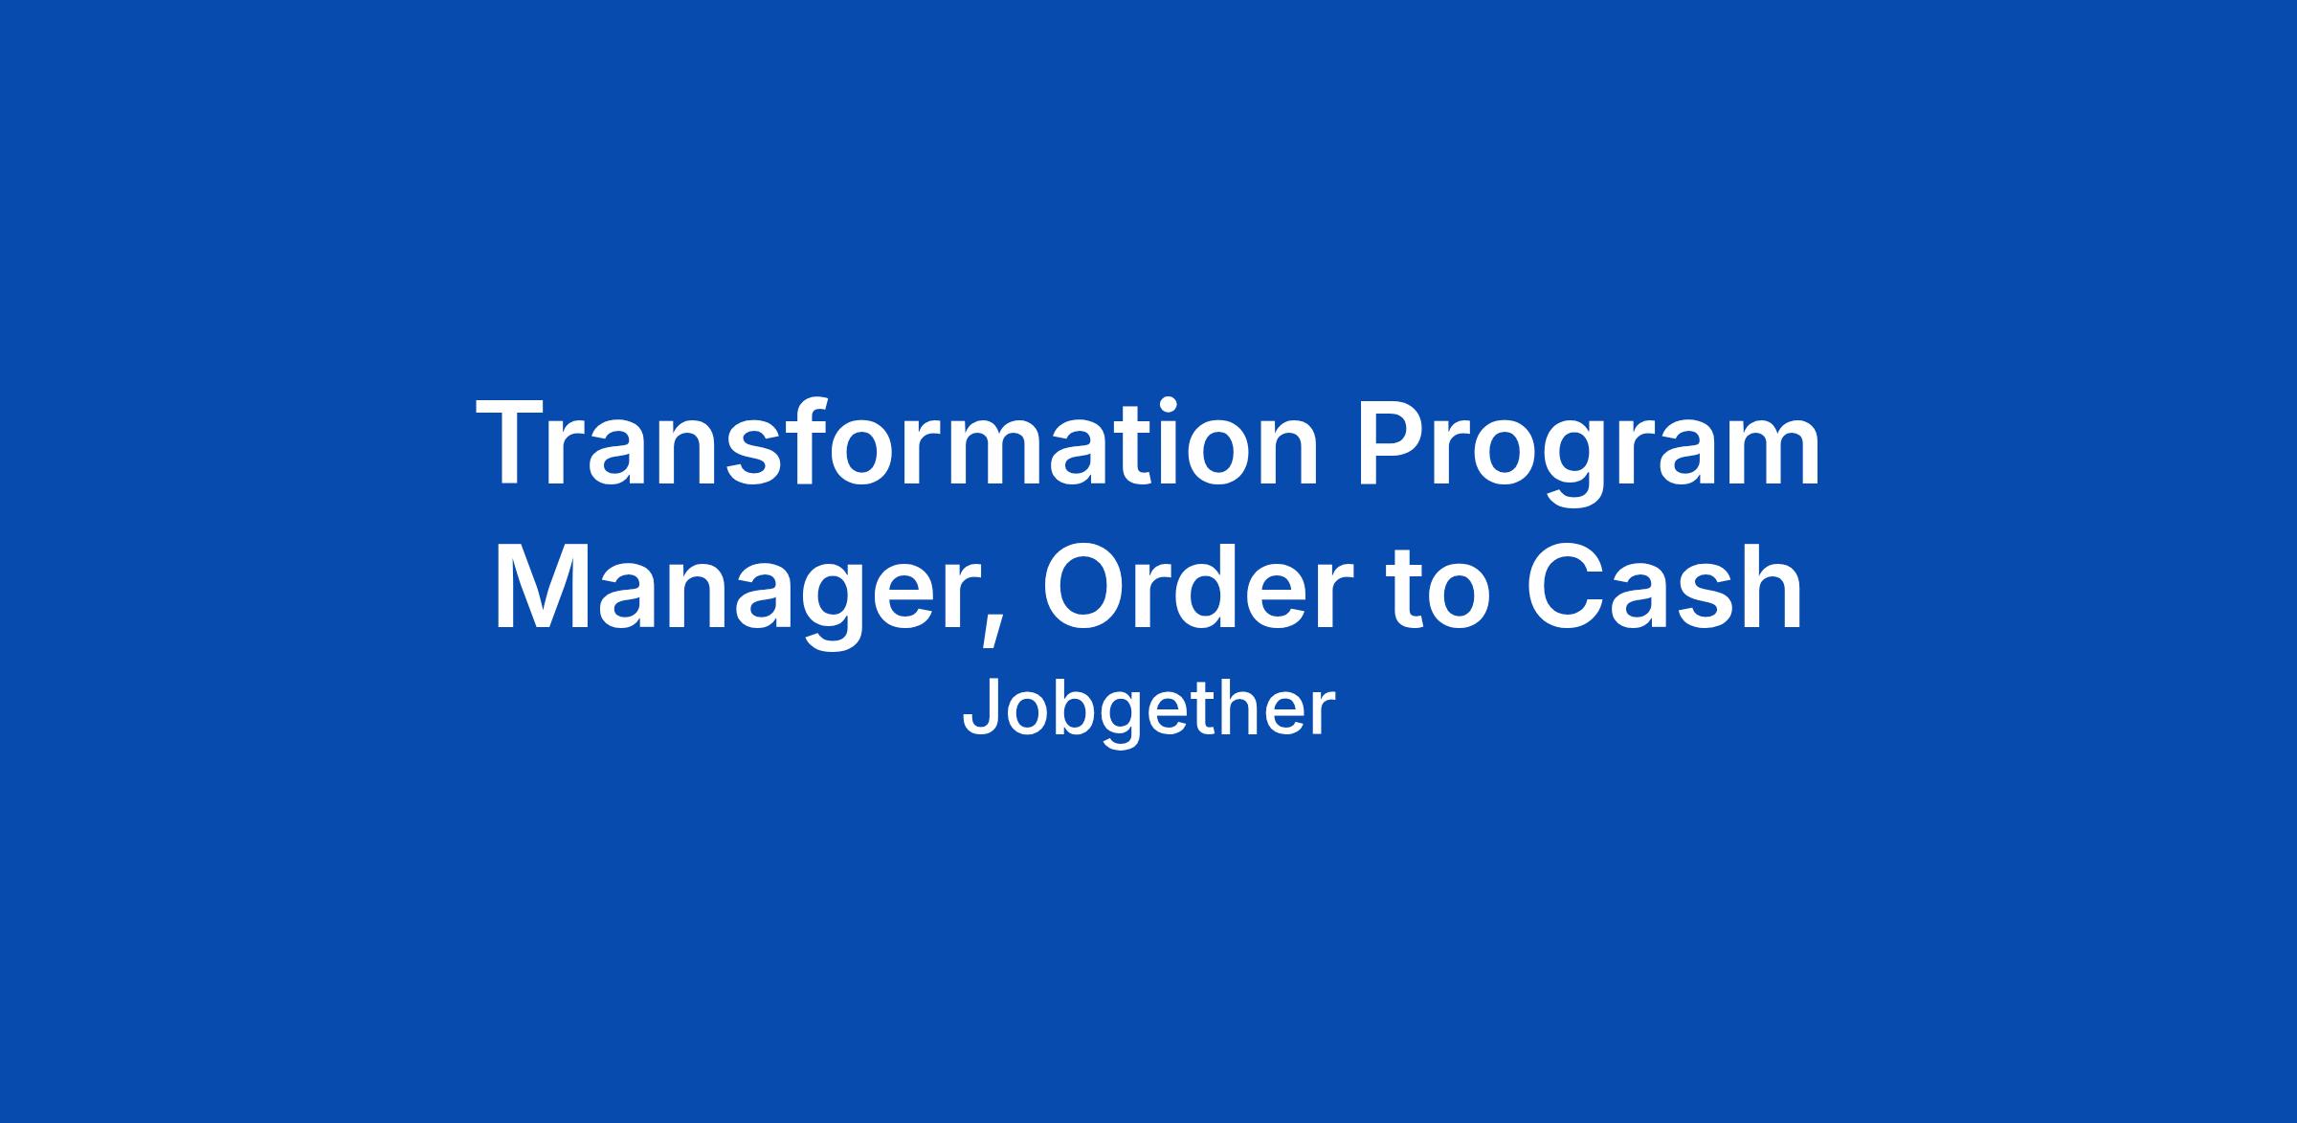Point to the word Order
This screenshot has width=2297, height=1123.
[1192, 588]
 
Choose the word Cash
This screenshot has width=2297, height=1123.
[1663, 588]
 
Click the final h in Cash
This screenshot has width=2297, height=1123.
[1773, 585]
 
